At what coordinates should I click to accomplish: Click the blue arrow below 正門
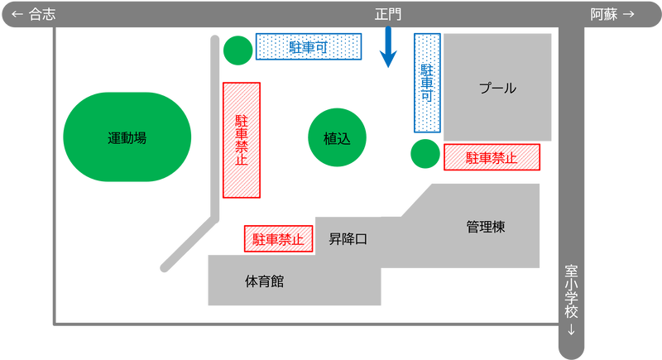pyautogui.click(x=388, y=46)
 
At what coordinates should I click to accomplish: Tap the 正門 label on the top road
pyautogui.click(x=388, y=14)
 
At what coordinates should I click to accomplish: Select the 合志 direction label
pyautogui.click(x=42, y=14)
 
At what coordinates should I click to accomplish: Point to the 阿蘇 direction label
pyautogui.click(x=604, y=14)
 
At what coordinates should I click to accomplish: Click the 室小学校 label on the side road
pyautogui.click(x=571, y=291)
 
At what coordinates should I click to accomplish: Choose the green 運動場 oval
pyautogui.click(x=127, y=137)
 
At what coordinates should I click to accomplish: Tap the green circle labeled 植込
pyautogui.click(x=337, y=137)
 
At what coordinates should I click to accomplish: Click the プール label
pyautogui.click(x=497, y=89)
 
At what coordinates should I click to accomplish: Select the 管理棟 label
pyautogui.click(x=486, y=227)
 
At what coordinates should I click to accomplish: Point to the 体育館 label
pyautogui.click(x=264, y=281)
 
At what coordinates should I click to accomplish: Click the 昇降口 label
pyautogui.click(x=348, y=239)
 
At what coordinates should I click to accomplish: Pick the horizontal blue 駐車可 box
pyautogui.click(x=309, y=46)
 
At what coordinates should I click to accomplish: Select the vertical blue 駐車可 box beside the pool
pyautogui.click(x=427, y=83)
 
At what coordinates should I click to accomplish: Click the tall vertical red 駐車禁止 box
pyautogui.click(x=242, y=140)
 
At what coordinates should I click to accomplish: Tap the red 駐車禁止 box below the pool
pyautogui.click(x=492, y=157)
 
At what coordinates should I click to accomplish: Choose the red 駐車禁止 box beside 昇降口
pyautogui.click(x=279, y=239)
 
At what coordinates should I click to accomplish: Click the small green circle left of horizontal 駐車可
pyautogui.click(x=238, y=50)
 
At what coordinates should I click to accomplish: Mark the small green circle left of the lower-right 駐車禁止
pyautogui.click(x=425, y=154)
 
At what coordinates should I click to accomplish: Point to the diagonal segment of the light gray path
pyautogui.click(x=189, y=243)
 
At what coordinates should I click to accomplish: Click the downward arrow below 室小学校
pyautogui.click(x=571, y=329)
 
